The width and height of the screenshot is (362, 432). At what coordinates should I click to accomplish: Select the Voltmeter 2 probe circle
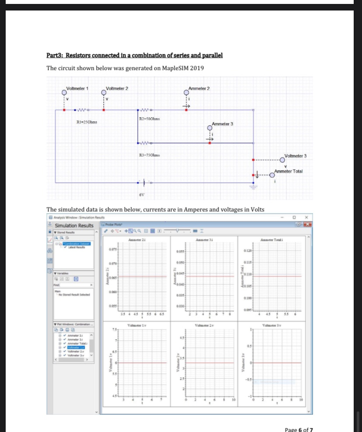coord(104,92)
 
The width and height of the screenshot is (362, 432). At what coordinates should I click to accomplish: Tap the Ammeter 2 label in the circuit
coord(199,88)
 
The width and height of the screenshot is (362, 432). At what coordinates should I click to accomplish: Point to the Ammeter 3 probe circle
coord(210,129)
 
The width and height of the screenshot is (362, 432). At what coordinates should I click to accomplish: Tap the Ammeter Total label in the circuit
coord(289,171)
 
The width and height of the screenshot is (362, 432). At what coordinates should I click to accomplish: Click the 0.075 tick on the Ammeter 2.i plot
coord(112,249)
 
